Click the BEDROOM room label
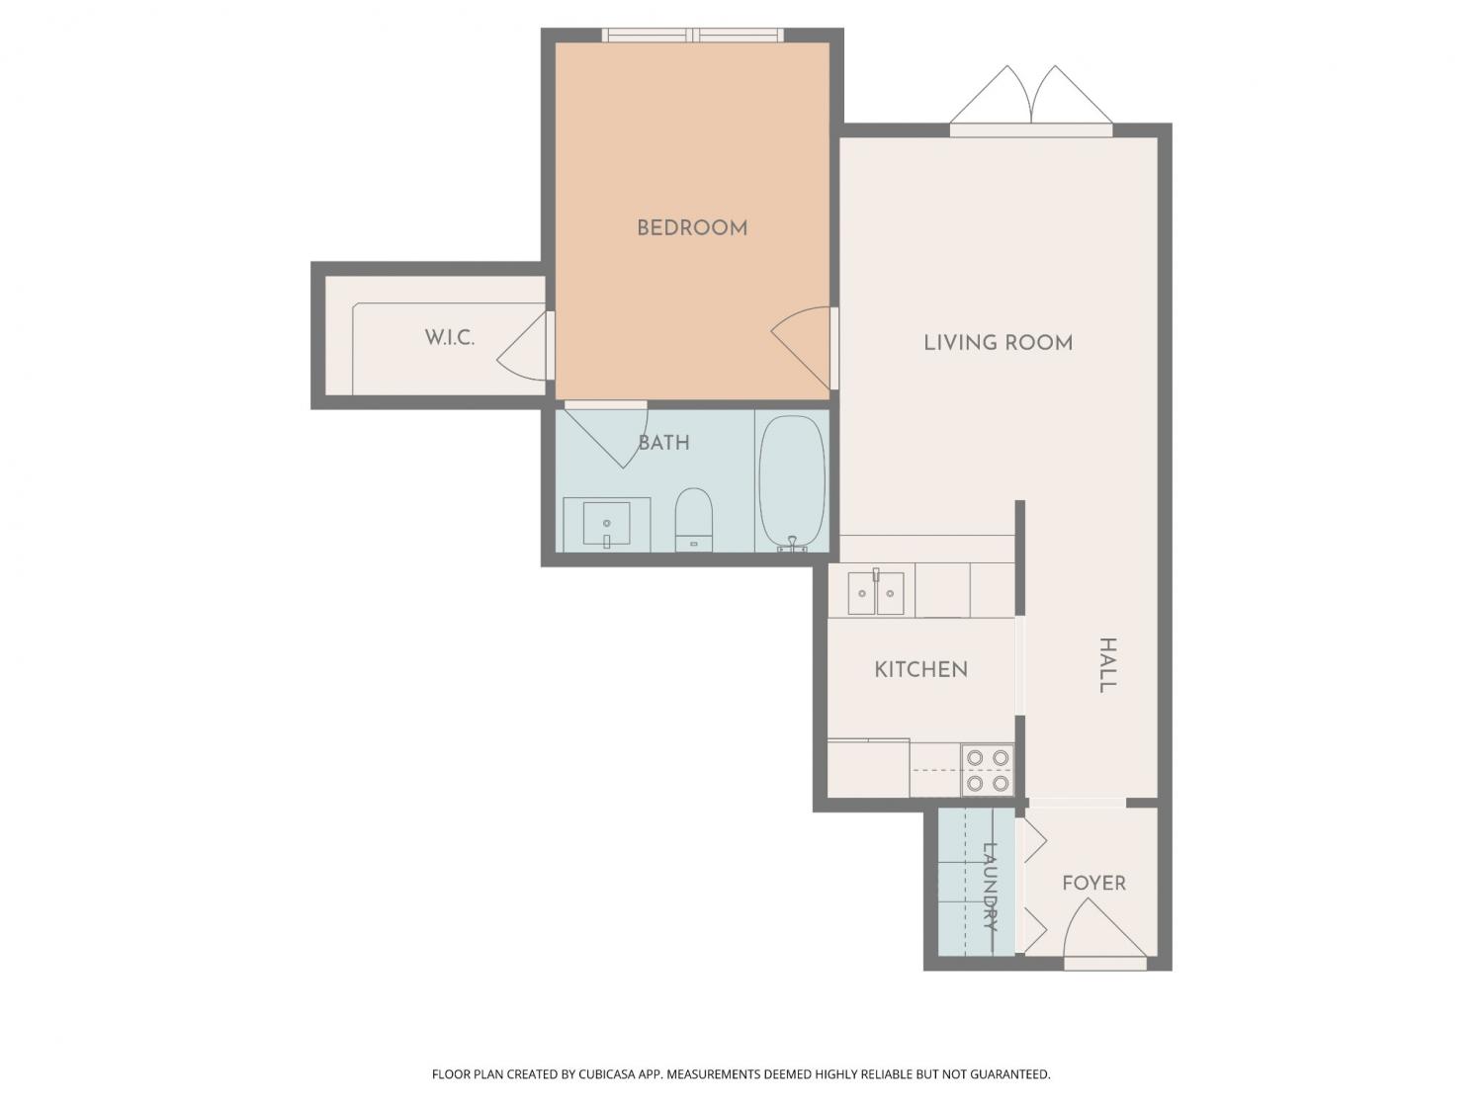pyautogui.click(x=692, y=228)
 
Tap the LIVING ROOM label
pyautogui.click(x=998, y=343)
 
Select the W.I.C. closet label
pyautogui.click(x=449, y=338)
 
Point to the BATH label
pyautogui.click(x=664, y=443)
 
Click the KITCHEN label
pyautogui.click(x=920, y=670)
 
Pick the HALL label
pyautogui.click(x=1106, y=665)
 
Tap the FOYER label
pyautogui.click(x=1093, y=883)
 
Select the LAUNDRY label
pyautogui.click(x=990, y=887)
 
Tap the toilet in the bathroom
pyautogui.click(x=694, y=519)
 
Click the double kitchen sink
pyautogui.click(x=876, y=592)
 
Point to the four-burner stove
pyautogui.click(x=988, y=770)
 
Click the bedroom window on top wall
pyautogui.click(x=692, y=36)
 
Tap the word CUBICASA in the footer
pyautogui.click(x=607, y=1074)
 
